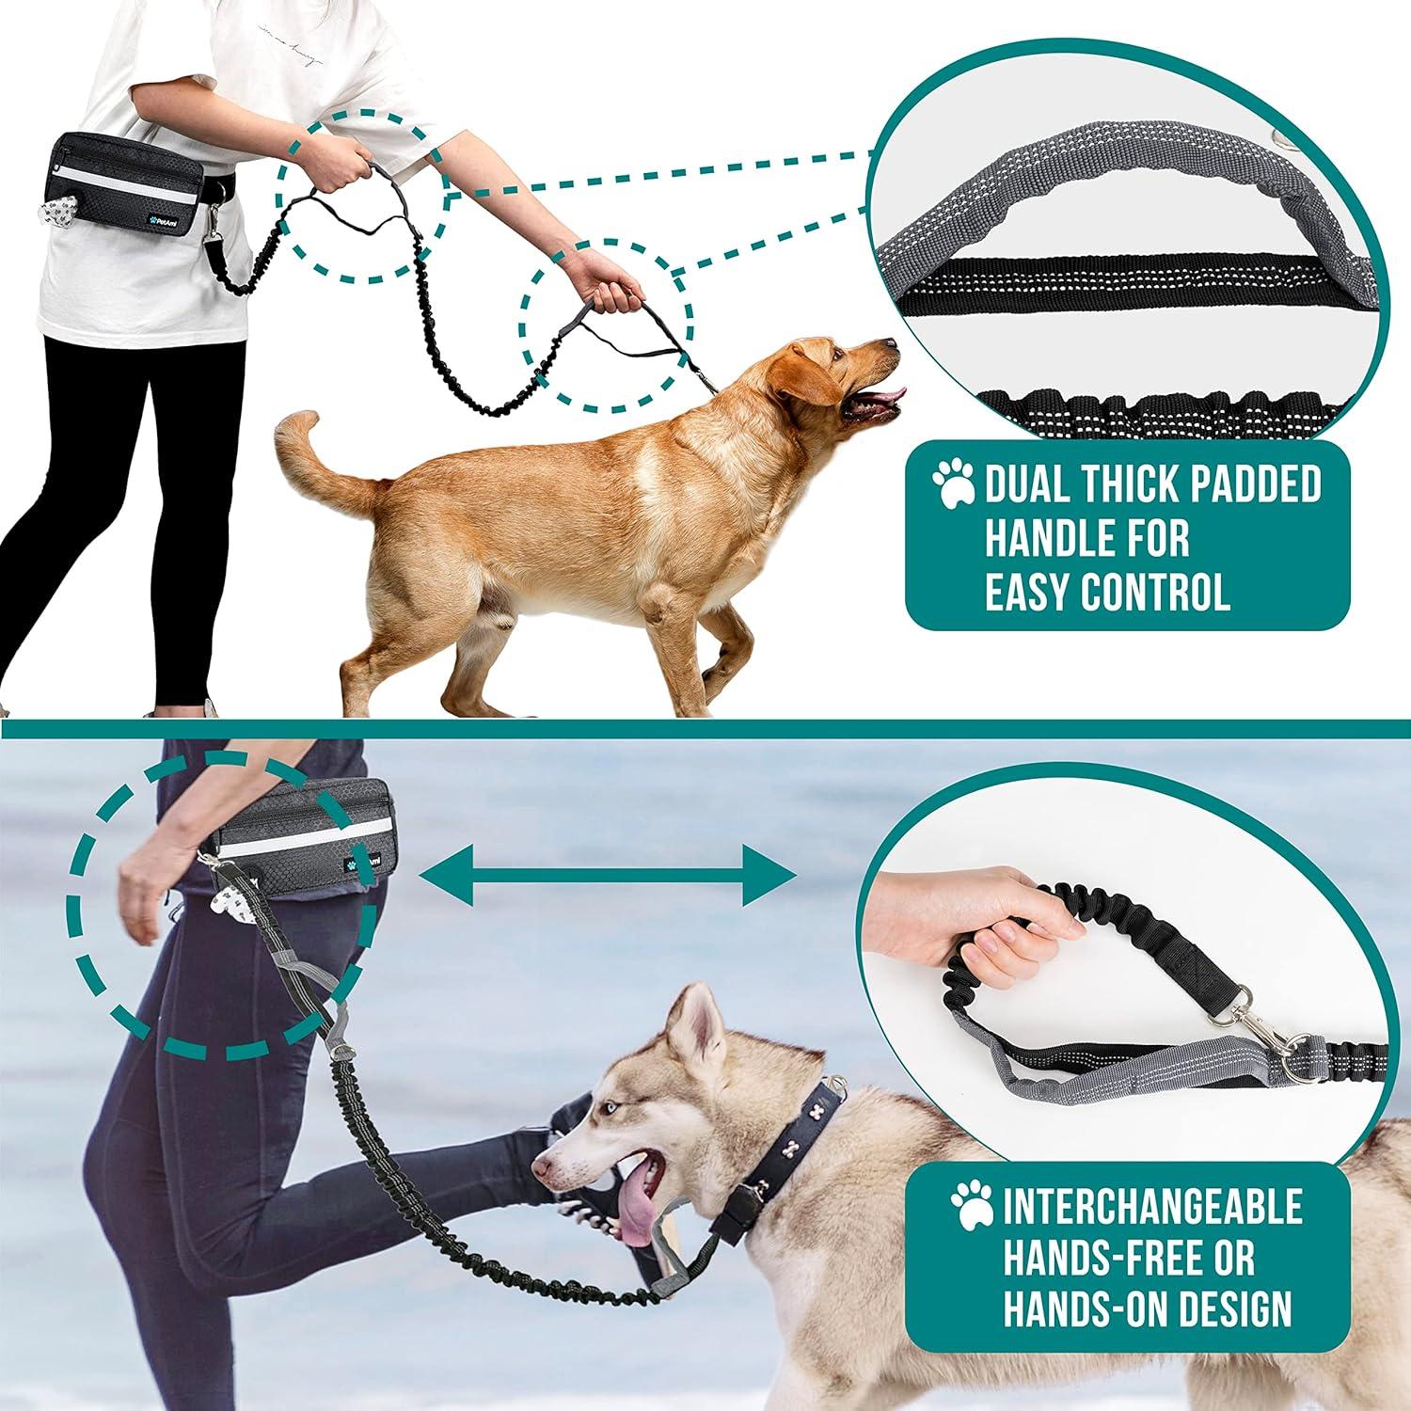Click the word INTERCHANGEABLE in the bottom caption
(1152, 1206)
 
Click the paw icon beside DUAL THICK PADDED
(954, 482)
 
